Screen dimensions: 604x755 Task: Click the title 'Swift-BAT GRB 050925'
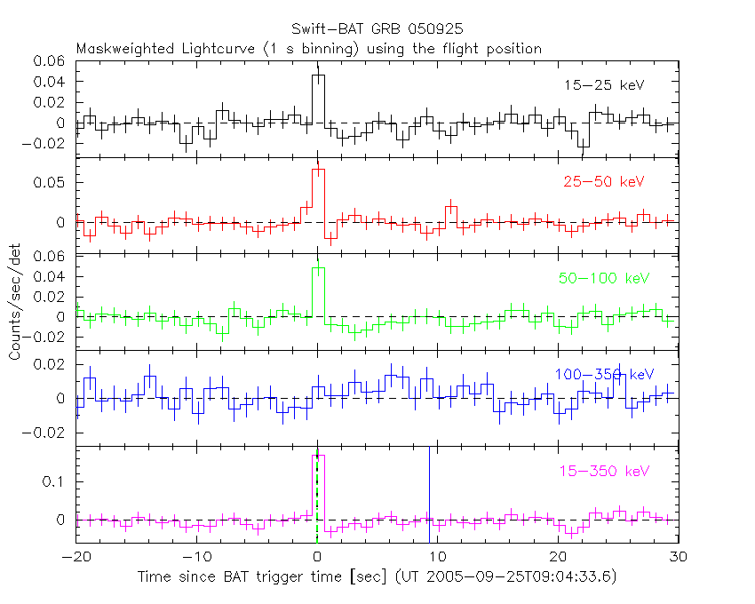point(377,29)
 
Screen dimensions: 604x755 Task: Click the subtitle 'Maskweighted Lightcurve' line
point(308,49)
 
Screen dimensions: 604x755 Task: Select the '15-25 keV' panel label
point(603,86)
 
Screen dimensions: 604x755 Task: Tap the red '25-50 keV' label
point(603,182)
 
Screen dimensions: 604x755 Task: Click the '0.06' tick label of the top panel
point(50,61)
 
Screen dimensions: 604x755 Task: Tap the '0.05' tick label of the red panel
point(50,183)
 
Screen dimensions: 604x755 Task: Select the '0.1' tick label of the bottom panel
point(56,481)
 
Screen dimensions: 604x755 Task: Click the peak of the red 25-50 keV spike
point(318,169)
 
